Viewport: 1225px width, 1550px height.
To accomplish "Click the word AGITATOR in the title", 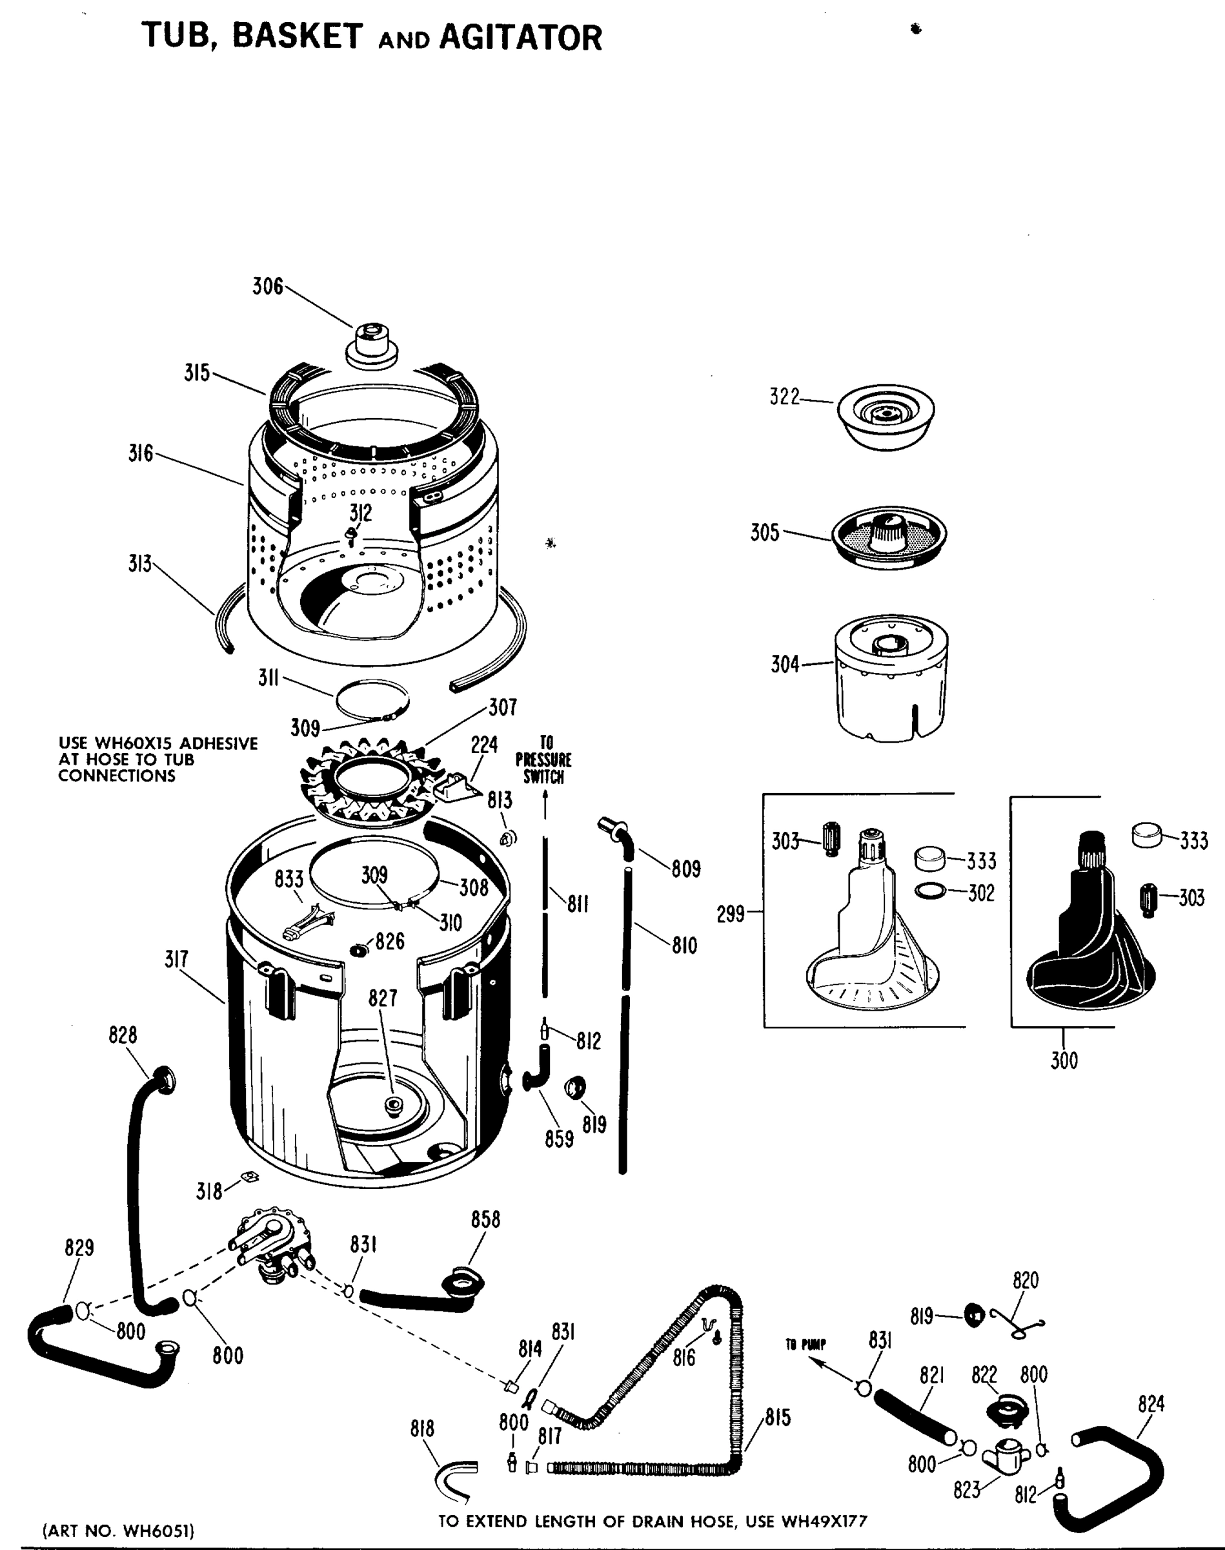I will [x=521, y=37].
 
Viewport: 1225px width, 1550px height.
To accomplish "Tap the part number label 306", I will [x=267, y=286].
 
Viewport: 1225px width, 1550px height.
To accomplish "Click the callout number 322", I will [x=784, y=397].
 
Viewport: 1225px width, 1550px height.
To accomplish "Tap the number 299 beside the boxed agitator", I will [x=731, y=915].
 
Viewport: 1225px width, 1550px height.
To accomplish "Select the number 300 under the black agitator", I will [x=1064, y=1060].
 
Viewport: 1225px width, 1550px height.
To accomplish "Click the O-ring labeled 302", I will [x=929, y=891].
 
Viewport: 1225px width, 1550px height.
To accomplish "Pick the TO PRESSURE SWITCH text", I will [x=543, y=760].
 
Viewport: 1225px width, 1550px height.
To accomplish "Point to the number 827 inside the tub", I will [x=382, y=998].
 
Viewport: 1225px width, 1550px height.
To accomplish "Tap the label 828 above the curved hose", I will [x=123, y=1035].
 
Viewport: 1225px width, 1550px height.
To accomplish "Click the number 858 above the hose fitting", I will [x=485, y=1219].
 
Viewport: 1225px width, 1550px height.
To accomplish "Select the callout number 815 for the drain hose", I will [x=778, y=1417].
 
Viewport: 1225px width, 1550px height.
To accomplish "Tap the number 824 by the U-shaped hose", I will [x=1150, y=1403].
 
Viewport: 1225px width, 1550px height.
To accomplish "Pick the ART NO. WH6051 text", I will [x=119, y=1531].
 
